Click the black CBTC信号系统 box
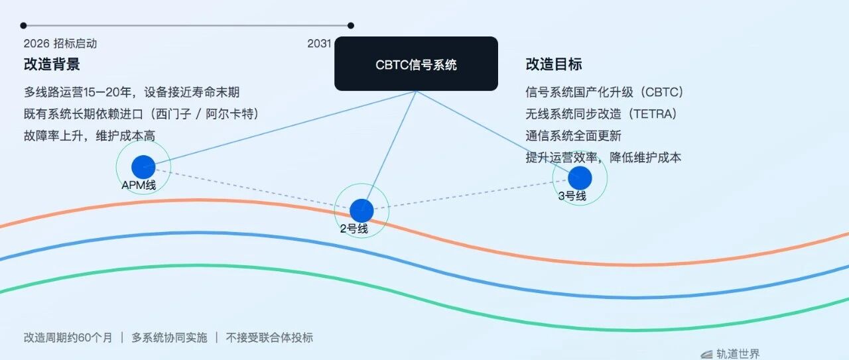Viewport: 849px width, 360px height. click(416, 64)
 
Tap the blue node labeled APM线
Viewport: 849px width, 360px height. click(143, 166)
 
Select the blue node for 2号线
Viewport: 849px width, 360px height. click(361, 211)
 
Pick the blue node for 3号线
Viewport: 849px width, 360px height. click(580, 178)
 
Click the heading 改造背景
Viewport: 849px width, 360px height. click(52, 64)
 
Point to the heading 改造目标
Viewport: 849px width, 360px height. click(554, 64)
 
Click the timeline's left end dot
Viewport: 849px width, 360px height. click(23, 25)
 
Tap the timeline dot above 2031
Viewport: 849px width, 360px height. click(351, 25)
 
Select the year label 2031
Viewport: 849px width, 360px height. click(319, 44)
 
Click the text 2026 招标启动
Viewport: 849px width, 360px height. click(60, 44)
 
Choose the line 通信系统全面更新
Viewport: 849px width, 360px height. click(574, 136)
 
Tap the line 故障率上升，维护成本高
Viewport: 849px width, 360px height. click(90, 136)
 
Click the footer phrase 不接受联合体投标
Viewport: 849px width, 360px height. click(269, 337)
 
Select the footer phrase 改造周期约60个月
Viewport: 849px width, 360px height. click(68, 337)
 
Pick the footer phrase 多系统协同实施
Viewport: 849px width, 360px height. click(169, 337)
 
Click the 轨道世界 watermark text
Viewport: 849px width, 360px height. click(738, 354)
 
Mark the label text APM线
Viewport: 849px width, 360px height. click(139, 186)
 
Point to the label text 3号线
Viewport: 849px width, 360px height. click(572, 196)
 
